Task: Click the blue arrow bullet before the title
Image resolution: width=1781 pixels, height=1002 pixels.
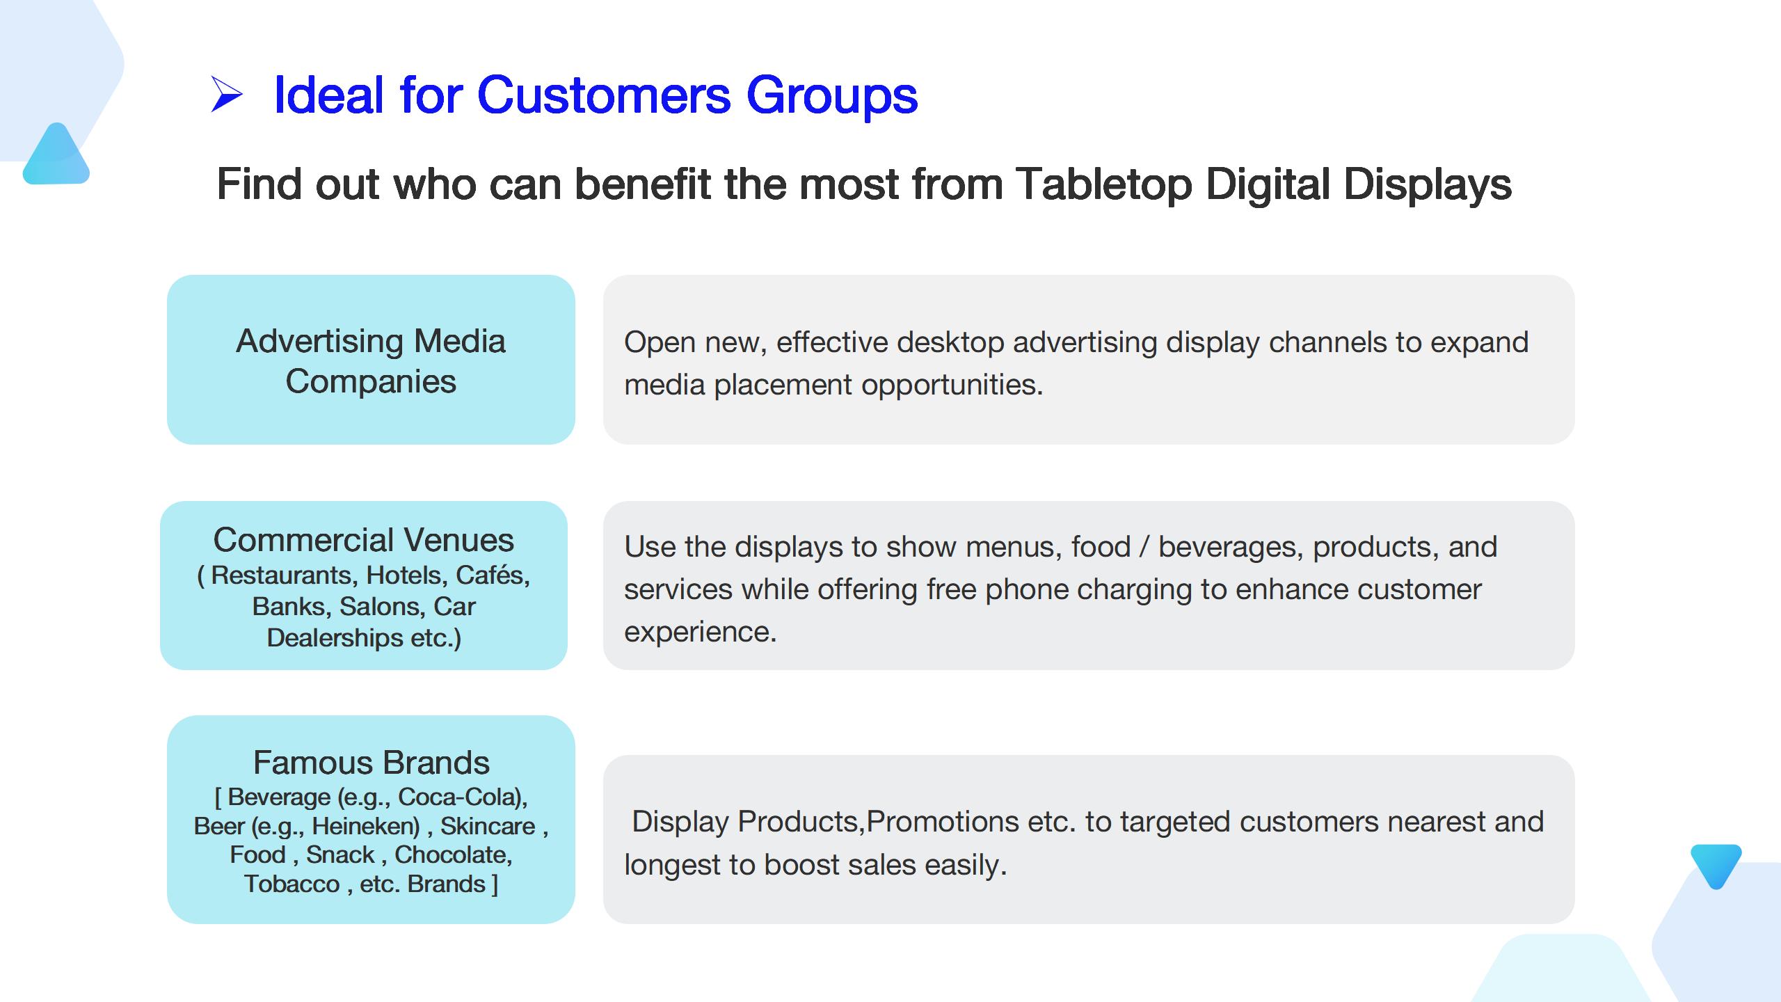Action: pos(227,95)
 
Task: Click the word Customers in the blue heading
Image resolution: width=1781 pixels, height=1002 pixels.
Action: pos(604,95)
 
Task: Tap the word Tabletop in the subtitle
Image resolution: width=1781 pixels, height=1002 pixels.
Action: pos(1103,185)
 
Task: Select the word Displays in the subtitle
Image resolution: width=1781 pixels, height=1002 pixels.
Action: pos(1428,185)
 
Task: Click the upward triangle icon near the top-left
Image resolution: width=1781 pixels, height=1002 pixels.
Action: pos(56,154)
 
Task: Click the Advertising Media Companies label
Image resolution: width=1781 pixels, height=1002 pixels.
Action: pos(371,360)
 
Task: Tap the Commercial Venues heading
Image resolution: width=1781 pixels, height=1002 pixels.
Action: pos(364,540)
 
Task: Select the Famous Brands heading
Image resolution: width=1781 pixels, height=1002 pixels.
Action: pos(371,763)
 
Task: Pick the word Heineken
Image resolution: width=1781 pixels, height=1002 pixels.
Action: pos(365,826)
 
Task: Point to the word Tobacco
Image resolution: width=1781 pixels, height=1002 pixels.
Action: pos(292,884)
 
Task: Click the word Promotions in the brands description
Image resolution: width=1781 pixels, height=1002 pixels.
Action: pos(943,822)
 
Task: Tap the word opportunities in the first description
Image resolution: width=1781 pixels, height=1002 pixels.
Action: pos(952,385)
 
